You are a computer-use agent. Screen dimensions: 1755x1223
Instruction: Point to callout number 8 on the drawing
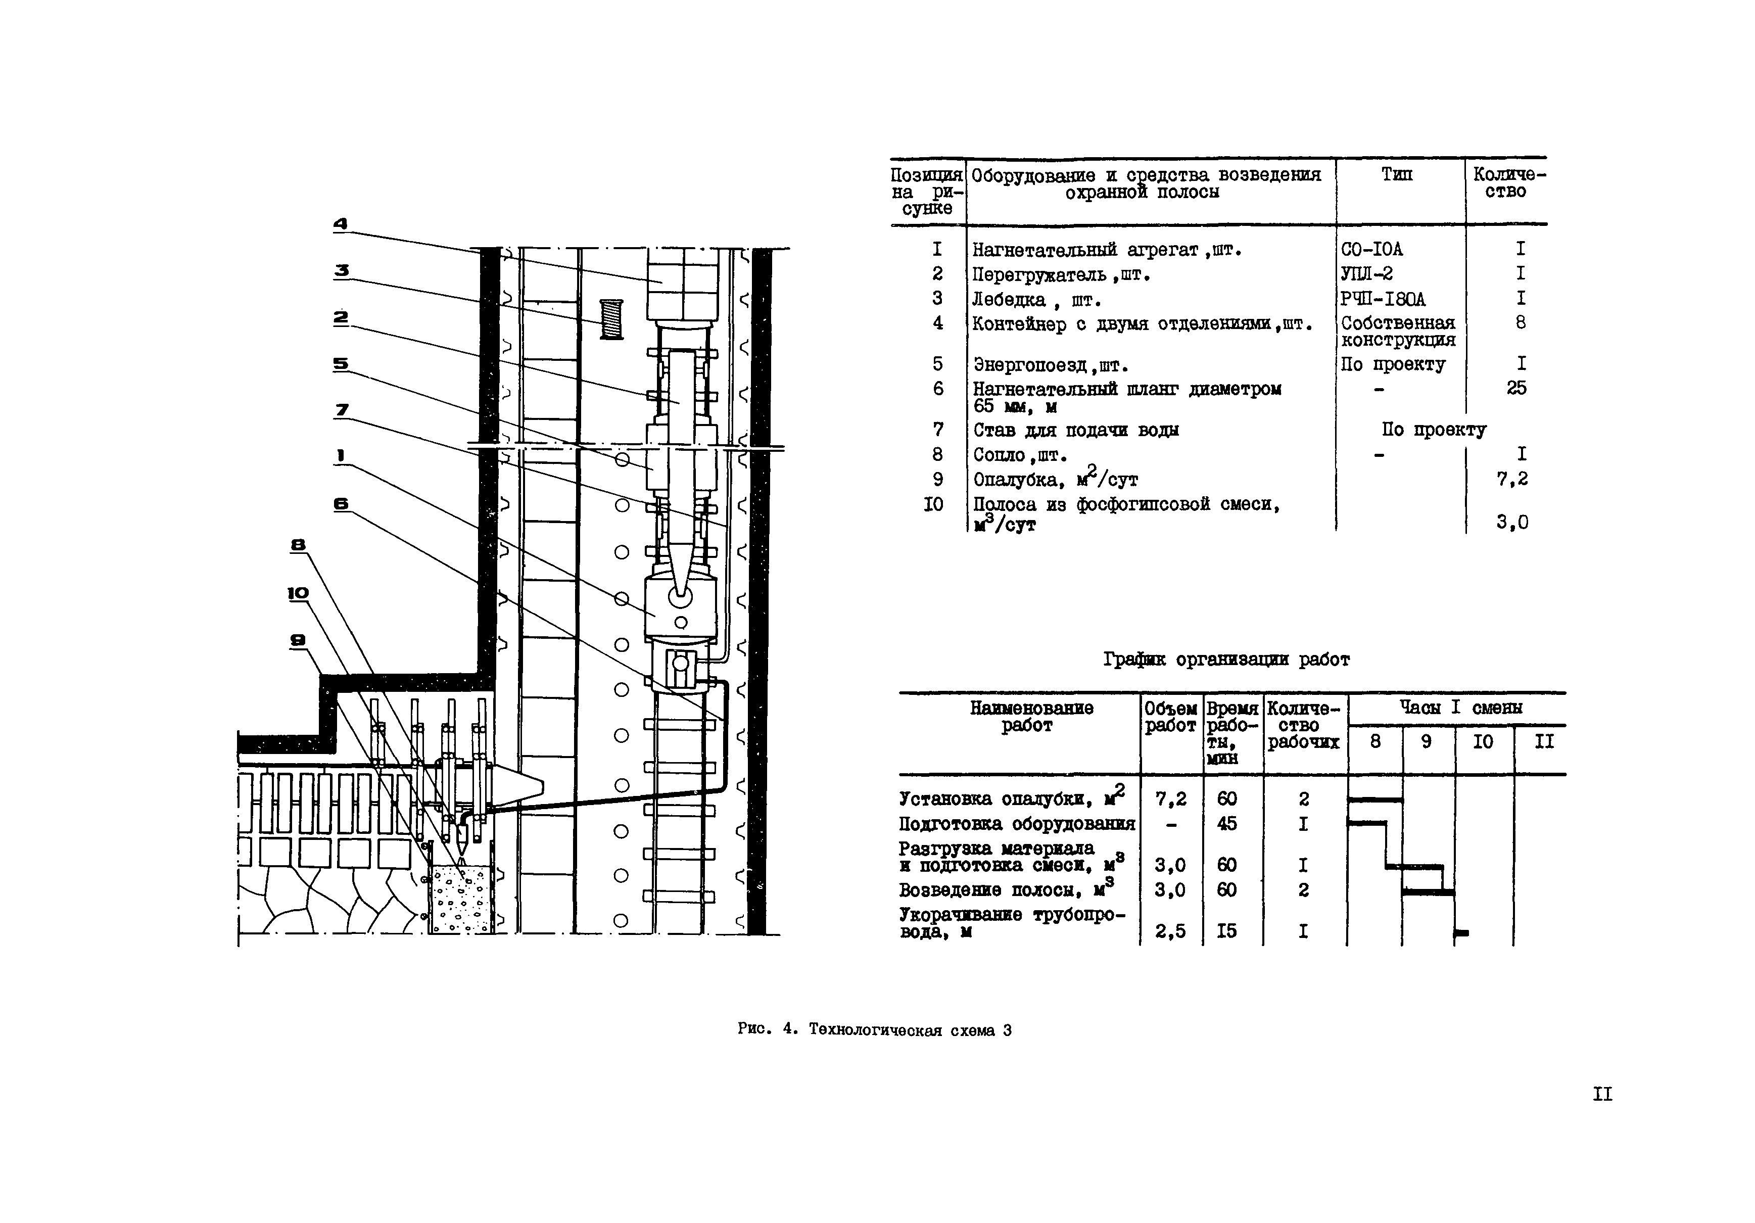click(298, 545)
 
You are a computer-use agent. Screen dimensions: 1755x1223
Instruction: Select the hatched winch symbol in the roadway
click(611, 319)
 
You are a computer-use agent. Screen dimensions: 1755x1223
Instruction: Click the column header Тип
click(1397, 175)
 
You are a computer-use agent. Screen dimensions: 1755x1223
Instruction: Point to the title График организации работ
click(1226, 660)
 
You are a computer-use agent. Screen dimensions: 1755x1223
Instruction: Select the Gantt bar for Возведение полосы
click(1428, 892)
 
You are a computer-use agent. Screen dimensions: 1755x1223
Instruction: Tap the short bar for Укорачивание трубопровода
click(1461, 932)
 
